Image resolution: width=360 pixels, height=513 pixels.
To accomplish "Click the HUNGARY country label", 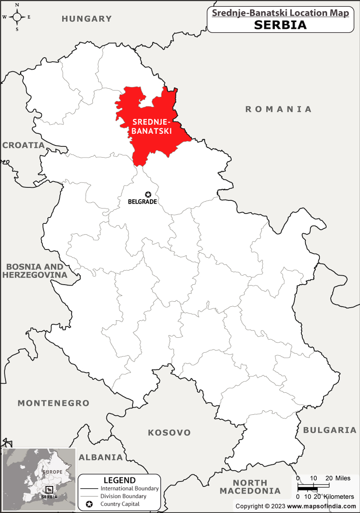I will point(86,18).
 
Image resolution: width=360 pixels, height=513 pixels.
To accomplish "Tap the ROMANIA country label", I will point(278,109).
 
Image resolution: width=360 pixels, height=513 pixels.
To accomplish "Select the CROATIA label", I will point(23,145).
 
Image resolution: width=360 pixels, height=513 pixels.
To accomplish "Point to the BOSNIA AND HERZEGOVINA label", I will point(34,271).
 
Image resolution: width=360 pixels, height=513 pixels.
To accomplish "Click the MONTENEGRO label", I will point(54,403).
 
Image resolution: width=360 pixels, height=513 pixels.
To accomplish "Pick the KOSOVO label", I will point(169,432).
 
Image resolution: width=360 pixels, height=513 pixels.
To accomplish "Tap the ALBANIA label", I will point(101,457).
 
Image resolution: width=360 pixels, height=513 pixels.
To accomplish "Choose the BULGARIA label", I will point(329,430).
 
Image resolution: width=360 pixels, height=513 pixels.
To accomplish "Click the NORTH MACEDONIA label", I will point(250,487).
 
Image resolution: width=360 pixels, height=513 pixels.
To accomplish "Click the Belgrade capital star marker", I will point(148,194).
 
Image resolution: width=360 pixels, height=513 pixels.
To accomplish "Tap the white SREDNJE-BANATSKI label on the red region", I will point(152,127).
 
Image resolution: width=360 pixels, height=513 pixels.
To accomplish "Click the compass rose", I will point(17,17).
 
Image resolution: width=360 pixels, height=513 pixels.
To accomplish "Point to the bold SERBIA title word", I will point(280,25).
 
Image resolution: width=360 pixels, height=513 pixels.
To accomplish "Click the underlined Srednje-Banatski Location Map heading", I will point(280,13).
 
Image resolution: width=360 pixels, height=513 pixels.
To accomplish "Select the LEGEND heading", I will point(119,480).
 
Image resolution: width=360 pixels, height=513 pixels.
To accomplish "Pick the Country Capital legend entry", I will point(120,504).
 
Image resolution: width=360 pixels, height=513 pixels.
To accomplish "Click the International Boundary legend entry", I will point(129,488).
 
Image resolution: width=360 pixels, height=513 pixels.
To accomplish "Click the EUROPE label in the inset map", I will point(52,472).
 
